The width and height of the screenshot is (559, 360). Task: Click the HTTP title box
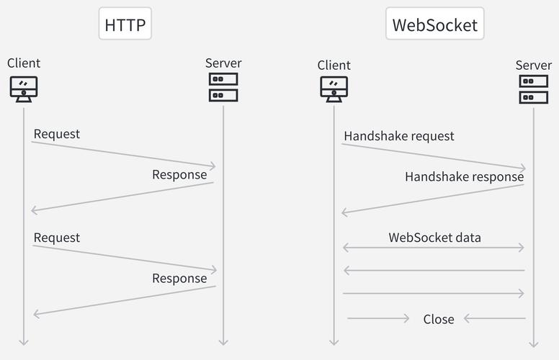click(125, 24)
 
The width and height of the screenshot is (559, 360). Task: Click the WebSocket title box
click(434, 24)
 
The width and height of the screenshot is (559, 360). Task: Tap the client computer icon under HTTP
click(24, 89)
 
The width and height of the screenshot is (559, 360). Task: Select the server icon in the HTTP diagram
click(223, 87)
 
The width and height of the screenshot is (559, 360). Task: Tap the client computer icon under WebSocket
click(334, 89)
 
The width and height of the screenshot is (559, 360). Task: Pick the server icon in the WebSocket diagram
click(533, 89)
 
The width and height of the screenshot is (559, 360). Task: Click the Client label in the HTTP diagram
click(24, 63)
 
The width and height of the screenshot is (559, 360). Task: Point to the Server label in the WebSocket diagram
click(533, 66)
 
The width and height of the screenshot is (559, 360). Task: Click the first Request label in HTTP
click(57, 134)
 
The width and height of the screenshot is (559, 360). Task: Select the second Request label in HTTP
click(57, 238)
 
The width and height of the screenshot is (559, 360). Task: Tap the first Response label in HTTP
click(179, 174)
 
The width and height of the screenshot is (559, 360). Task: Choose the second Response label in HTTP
click(179, 278)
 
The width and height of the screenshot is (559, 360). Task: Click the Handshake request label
click(399, 136)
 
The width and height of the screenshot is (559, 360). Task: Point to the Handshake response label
click(464, 176)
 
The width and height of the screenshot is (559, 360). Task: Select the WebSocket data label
click(434, 237)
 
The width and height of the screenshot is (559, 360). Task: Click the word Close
click(439, 319)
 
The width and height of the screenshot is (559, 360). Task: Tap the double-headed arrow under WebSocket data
click(434, 248)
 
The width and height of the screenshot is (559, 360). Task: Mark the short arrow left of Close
click(378, 318)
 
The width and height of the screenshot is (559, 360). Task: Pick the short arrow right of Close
click(495, 318)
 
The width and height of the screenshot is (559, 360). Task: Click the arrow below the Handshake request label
click(434, 156)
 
